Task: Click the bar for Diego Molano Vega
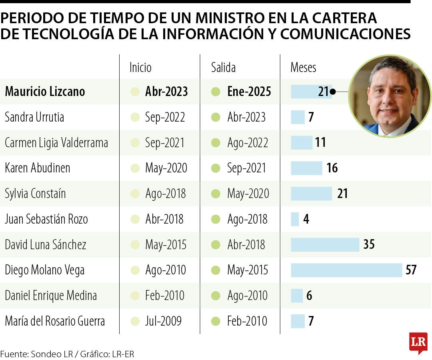pos(346,270)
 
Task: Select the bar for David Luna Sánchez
pos(325,244)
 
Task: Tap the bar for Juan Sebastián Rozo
pos(295,219)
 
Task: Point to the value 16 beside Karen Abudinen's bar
pos(332,168)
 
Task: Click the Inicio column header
pos(140,67)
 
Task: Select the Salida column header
pos(223,67)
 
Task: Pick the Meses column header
pos(303,67)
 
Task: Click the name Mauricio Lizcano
pos(45,92)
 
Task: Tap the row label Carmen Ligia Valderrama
pos(56,143)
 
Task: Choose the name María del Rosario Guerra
pos(55,321)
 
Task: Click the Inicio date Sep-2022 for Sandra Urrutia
pos(165,117)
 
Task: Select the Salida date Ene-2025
pos(249,92)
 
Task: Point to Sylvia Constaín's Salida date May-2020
pos(248,194)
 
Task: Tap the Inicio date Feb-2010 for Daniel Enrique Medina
pos(165,296)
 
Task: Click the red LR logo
pos(418,342)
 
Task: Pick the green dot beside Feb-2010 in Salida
pos(216,321)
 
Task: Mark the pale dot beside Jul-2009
pos(135,321)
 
